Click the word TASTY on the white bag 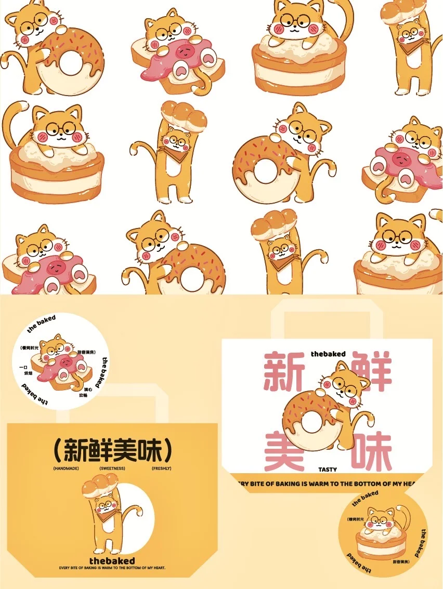pyautogui.click(x=328, y=470)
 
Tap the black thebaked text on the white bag pyautogui.click(x=328, y=354)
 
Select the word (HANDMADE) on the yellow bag pyautogui.click(x=63, y=468)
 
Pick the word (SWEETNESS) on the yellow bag pyautogui.click(x=112, y=468)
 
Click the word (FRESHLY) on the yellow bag pyautogui.click(x=161, y=468)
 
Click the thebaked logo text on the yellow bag pyautogui.click(x=112, y=561)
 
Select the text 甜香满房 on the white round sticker pyautogui.click(x=87, y=352)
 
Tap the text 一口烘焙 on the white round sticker pyautogui.click(x=23, y=370)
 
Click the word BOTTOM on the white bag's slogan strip pyautogui.click(x=373, y=484)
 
